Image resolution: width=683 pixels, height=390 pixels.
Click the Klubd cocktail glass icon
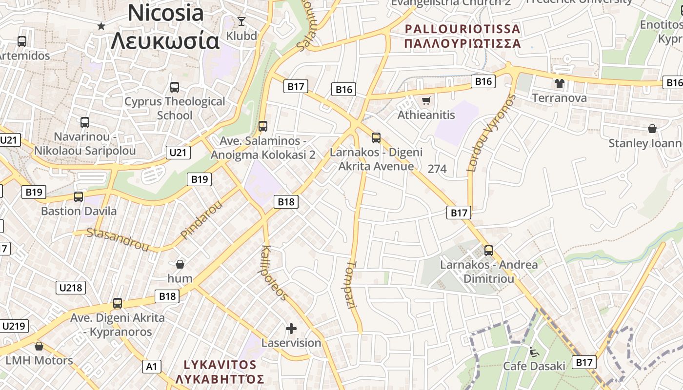click(241, 21)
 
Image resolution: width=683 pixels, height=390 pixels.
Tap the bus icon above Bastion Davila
click(79, 197)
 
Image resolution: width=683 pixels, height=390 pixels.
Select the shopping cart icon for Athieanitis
click(426, 101)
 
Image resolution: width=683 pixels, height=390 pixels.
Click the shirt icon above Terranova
click(559, 83)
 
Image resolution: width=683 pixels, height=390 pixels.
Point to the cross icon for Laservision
click(291, 329)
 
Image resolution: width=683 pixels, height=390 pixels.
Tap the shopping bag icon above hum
click(180, 264)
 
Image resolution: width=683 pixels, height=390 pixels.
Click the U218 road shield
click(71, 288)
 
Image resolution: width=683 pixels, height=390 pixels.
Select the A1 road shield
click(151, 367)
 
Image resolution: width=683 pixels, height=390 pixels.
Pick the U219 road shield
click(15, 326)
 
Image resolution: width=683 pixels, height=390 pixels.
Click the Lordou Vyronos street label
click(491, 133)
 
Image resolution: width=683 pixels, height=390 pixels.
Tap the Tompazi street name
click(352, 285)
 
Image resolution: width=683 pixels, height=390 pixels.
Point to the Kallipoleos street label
click(275, 273)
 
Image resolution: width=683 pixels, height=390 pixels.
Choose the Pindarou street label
click(201, 220)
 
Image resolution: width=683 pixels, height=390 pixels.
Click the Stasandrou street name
click(118, 239)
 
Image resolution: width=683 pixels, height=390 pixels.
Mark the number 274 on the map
click(437, 169)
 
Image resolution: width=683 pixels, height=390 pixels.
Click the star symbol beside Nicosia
click(101, 26)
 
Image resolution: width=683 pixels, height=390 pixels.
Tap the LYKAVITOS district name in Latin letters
click(220, 365)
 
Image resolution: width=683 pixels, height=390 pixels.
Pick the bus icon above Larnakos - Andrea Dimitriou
click(489, 251)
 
